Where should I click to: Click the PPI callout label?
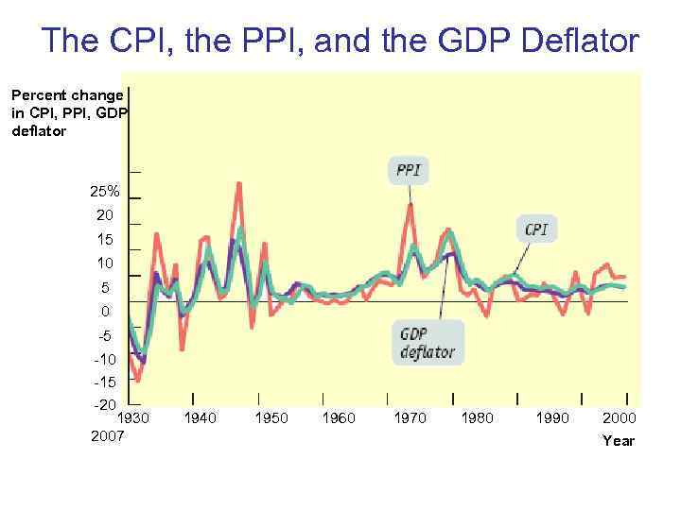pyautogui.click(x=409, y=171)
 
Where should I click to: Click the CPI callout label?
pyautogui.click(x=536, y=229)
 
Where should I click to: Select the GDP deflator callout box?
pyautogui.click(x=428, y=343)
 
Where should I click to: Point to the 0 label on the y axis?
pyautogui.click(x=105, y=312)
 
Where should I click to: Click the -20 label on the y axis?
pyautogui.click(x=104, y=405)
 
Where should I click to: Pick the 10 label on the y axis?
pyautogui.click(x=104, y=263)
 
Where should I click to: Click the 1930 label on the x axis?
pyautogui.click(x=132, y=417)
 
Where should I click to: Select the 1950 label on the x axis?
pyautogui.click(x=271, y=417)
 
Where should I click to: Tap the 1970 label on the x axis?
pyautogui.click(x=410, y=417)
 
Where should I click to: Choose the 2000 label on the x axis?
pyautogui.click(x=619, y=417)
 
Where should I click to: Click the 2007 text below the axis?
pyautogui.click(x=107, y=435)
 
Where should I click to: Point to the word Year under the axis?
pyautogui.click(x=619, y=440)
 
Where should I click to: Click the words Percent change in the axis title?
pyautogui.click(x=66, y=95)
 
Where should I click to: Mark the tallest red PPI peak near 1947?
pyautogui.click(x=239, y=185)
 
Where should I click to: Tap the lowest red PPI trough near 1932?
pyautogui.click(x=138, y=380)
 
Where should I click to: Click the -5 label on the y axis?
pyautogui.click(x=104, y=335)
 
